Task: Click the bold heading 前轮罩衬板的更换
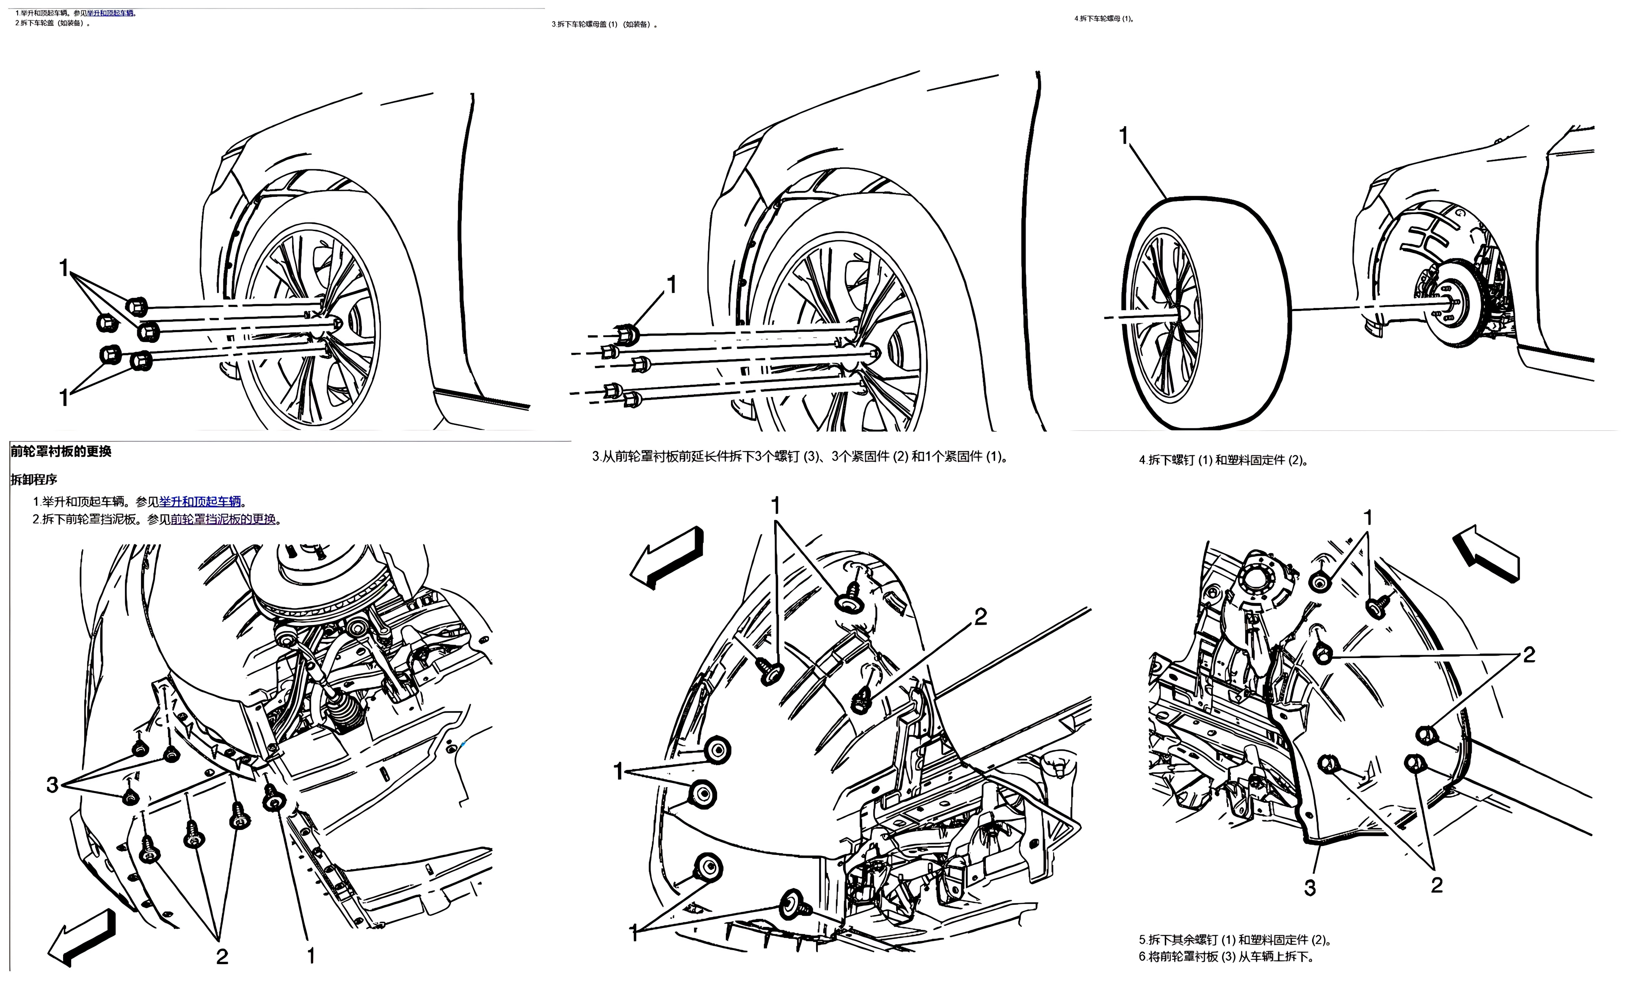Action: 61,452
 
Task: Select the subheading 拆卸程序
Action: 34,479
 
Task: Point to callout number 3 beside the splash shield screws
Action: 52,785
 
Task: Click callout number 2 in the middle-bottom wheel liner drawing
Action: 980,617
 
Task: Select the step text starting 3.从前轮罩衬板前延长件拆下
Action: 800,457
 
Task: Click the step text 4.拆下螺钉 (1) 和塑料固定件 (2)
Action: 1224,460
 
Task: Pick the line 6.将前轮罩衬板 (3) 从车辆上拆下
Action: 1226,956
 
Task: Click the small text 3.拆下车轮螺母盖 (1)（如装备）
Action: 604,25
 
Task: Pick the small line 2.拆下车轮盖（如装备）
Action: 53,23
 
